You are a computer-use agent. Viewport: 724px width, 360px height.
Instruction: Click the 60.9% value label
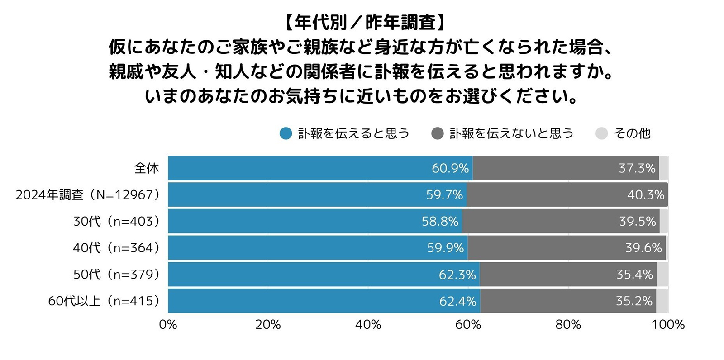450,168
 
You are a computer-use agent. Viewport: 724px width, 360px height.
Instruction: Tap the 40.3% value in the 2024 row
645,195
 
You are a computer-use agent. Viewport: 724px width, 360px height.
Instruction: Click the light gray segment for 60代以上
662,301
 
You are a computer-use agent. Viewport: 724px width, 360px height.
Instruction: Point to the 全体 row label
147,168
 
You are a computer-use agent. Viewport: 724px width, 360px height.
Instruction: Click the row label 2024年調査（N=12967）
88,195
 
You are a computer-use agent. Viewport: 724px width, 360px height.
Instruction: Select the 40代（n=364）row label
116,248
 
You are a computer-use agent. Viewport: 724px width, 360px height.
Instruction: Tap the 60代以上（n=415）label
104,301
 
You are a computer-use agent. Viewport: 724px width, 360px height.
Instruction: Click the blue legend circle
286,133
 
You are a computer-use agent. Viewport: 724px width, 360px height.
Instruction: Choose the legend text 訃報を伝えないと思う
511,133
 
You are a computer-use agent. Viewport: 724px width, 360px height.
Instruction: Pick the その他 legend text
632,133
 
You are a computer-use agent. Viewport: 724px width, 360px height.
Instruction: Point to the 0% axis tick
168,325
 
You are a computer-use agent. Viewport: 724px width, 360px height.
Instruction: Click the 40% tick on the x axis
368,325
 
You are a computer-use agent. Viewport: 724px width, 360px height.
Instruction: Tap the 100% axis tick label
668,325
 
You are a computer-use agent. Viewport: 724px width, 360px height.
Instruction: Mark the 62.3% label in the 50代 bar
457,275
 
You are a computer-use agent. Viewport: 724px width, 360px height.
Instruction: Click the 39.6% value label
643,248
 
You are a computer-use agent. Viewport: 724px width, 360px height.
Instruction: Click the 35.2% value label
634,301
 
